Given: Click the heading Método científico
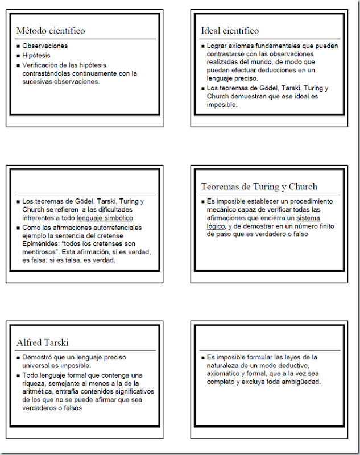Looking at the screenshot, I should click(x=51, y=31).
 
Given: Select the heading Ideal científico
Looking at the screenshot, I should click(x=230, y=31).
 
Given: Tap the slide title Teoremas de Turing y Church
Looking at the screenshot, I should click(x=259, y=187).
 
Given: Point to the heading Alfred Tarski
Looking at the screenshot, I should click(x=43, y=342).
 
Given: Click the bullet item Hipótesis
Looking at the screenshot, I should click(x=36, y=55).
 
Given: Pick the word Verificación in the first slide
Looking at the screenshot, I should click(x=40, y=65).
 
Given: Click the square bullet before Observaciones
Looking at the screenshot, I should click(x=18, y=45).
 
